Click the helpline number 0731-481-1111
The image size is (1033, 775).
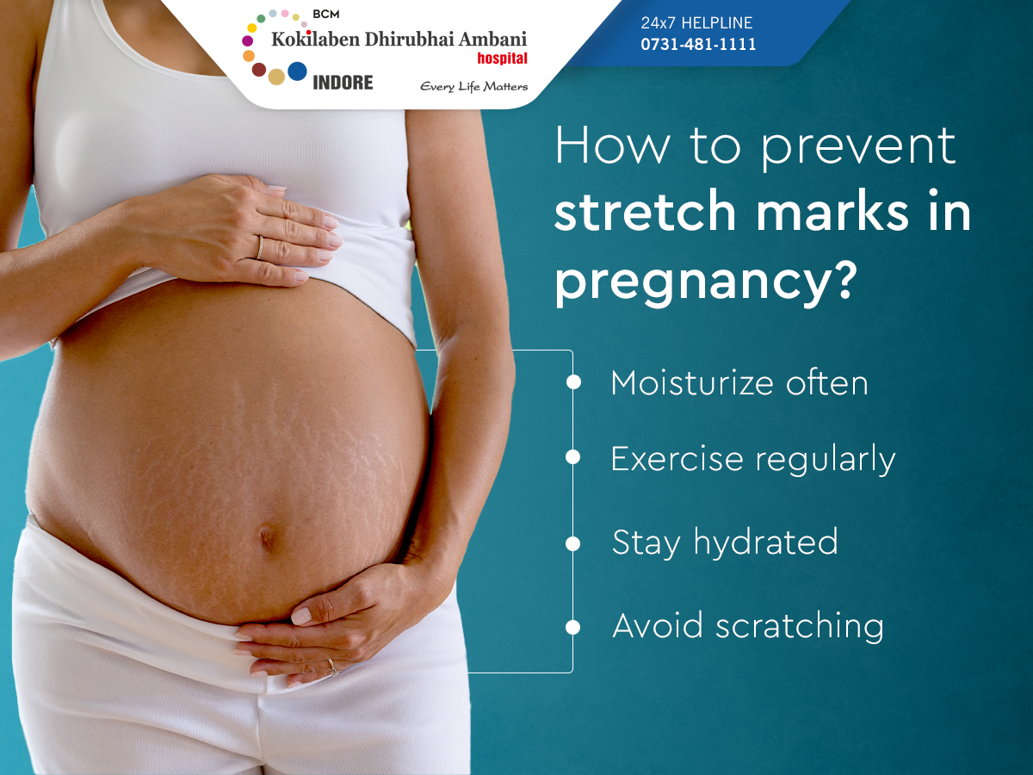tap(698, 44)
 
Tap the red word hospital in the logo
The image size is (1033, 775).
tap(502, 59)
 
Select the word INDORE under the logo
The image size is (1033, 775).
tap(343, 83)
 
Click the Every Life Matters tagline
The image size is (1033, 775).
tap(474, 87)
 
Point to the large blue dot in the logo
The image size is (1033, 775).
tap(297, 71)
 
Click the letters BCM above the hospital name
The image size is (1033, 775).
tap(325, 15)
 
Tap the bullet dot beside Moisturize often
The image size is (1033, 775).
tap(573, 382)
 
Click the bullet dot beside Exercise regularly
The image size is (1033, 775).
tap(573, 457)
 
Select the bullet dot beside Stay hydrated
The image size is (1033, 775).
tap(573, 544)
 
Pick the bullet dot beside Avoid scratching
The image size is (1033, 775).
tap(573, 627)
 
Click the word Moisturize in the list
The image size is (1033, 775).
tap(692, 382)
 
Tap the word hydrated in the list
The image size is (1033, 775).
tap(765, 542)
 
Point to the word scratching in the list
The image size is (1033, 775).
tap(800, 626)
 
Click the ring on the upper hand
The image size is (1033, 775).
tap(259, 248)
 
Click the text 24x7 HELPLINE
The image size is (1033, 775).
tap(696, 22)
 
